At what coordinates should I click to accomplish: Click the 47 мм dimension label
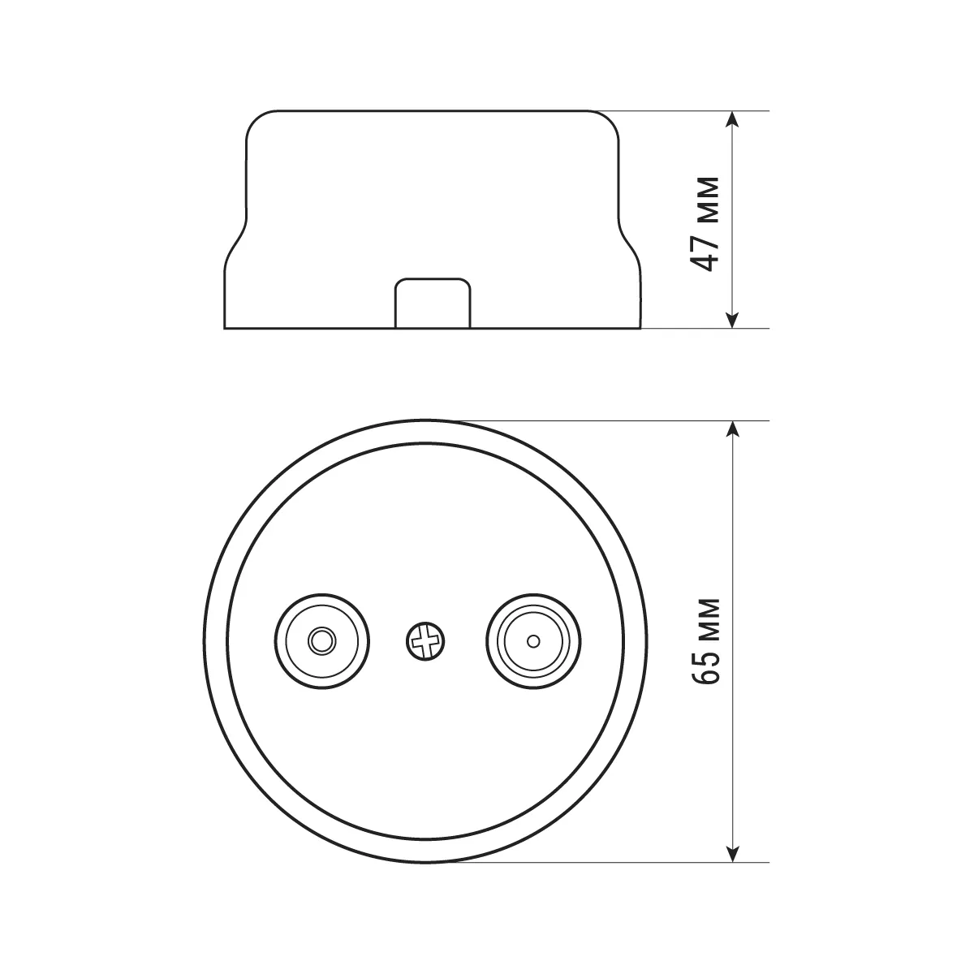point(705,224)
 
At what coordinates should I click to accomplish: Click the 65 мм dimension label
point(705,641)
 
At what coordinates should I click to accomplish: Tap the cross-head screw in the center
point(425,641)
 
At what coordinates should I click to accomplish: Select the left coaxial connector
point(322,641)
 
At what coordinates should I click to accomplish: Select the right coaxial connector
point(533,641)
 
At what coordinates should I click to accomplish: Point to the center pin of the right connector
point(533,641)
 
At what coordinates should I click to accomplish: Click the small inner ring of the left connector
point(322,641)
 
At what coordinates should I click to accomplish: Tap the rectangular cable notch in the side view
point(433,304)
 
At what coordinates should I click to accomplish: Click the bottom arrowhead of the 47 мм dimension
point(732,320)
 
